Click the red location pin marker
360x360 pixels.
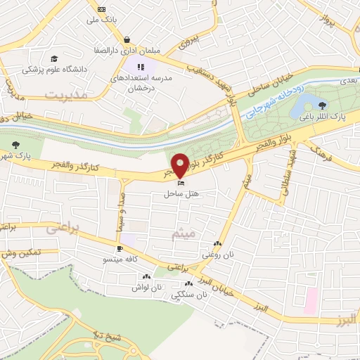[180, 165]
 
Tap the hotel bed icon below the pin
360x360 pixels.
[181, 183]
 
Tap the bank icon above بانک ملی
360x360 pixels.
[102, 8]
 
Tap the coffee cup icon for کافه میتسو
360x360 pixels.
[120, 248]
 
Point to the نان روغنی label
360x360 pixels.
[217, 255]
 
